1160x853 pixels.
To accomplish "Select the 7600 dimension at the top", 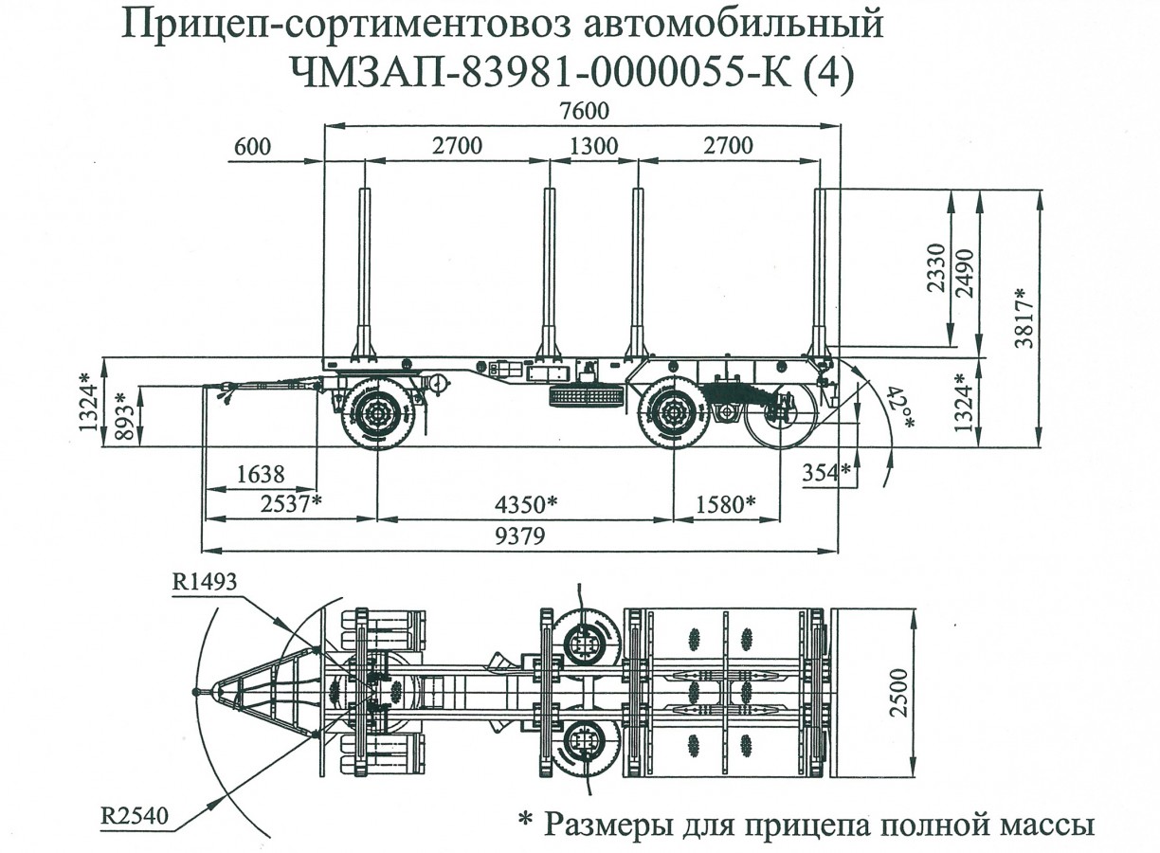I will point(583,110).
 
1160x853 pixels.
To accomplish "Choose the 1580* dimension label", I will point(724,503).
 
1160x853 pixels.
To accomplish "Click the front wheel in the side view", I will point(376,413).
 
